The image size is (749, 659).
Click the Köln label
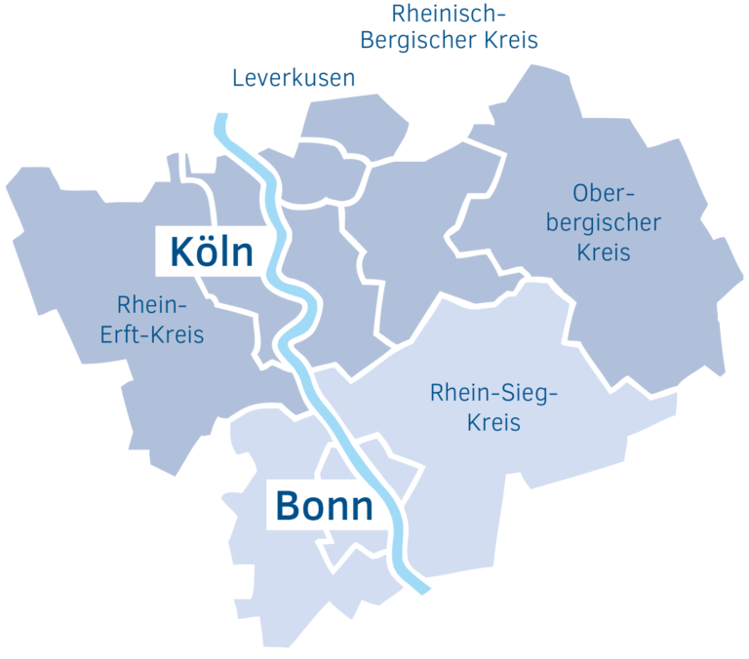(x=212, y=252)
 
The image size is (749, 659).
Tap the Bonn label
(x=324, y=506)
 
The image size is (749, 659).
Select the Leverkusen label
(x=294, y=78)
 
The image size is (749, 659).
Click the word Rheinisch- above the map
(x=450, y=14)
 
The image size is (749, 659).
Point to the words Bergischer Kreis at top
(x=450, y=41)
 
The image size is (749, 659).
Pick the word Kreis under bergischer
(x=604, y=252)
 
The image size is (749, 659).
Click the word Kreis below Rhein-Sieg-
(x=493, y=423)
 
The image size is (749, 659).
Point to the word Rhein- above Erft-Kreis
(x=151, y=303)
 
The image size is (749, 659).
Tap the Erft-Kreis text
(x=152, y=333)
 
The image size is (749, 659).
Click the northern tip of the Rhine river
(x=221, y=119)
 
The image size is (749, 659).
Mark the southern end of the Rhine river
(x=424, y=589)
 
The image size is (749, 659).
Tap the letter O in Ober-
(x=582, y=192)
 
